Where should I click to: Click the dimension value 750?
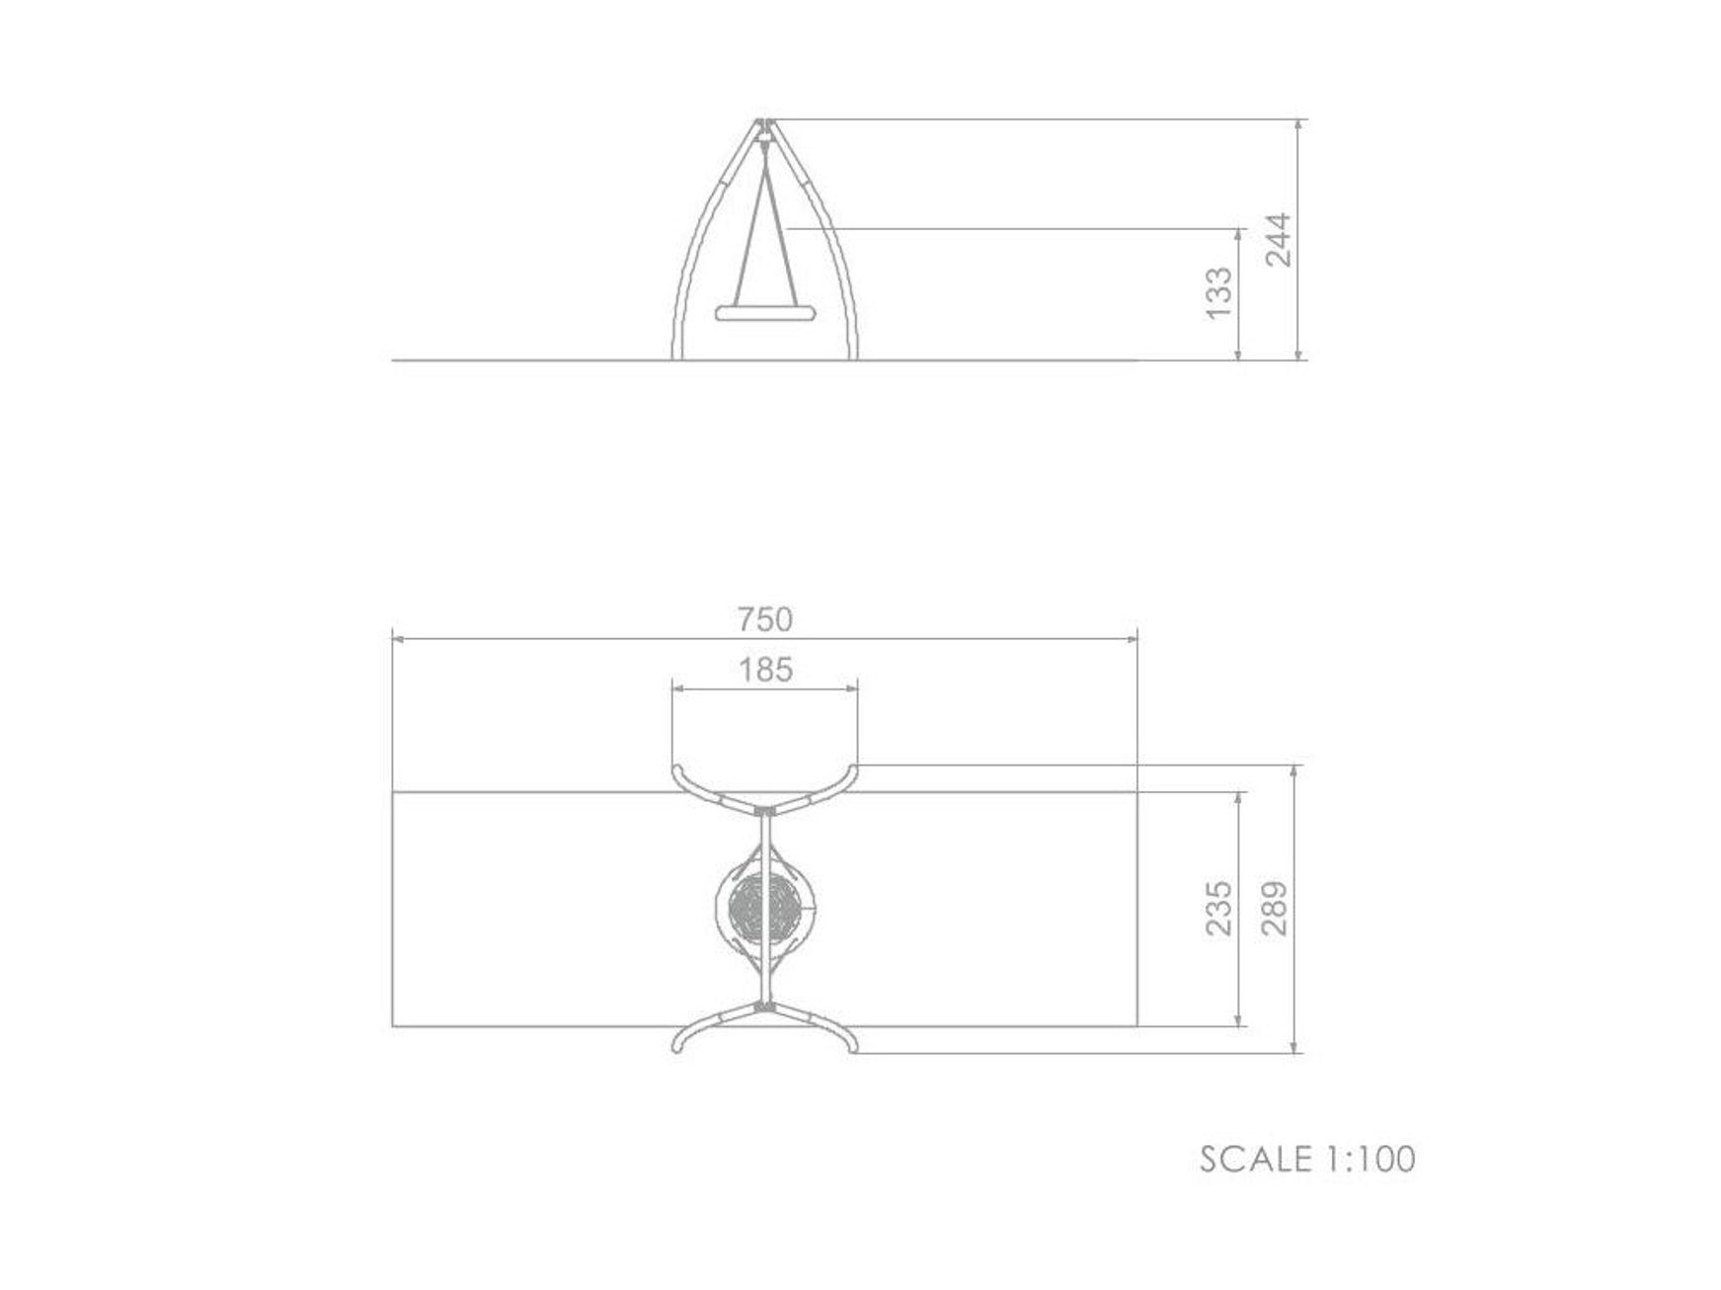(x=765, y=619)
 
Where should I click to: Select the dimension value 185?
(x=765, y=671)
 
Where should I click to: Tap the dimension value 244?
(x=1279, y=239)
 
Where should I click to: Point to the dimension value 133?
(x=1219, y=292)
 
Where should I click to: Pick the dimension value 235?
(x=1219, y=909)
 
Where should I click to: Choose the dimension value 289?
(x=1275, y=909)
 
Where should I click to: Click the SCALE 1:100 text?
(x=1307, y=1159)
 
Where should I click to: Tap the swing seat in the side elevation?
(x=765, y=314)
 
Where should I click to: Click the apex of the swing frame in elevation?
(x=764, y=121)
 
